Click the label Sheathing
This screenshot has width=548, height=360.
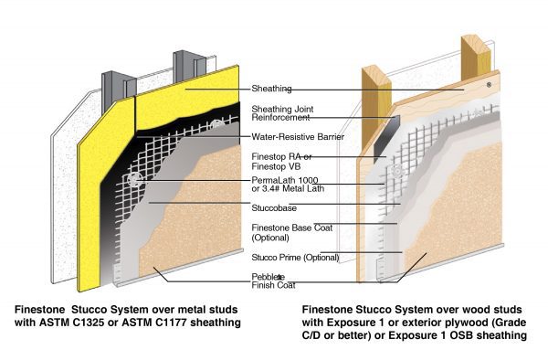point(270,89)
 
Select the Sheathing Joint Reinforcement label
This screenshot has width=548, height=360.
point(278,111)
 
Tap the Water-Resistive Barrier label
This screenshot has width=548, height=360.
point(290,136)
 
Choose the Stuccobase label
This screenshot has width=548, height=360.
point(273,208)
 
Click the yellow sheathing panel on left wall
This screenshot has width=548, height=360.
point(91,201)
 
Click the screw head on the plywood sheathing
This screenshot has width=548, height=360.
point(489,84)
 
